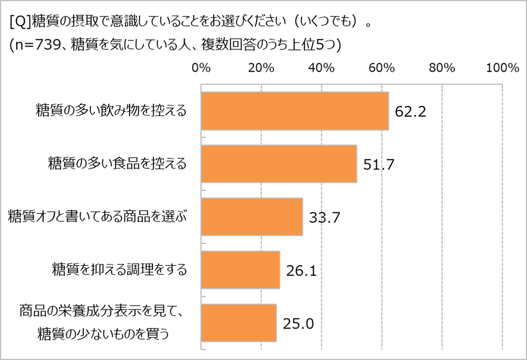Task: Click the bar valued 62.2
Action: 294,111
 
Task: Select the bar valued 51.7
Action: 279,164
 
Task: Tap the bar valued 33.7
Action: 252,216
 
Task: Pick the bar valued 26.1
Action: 240,270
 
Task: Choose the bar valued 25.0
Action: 238,322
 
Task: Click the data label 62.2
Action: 411,112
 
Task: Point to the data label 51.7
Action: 380,164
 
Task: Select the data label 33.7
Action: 325,217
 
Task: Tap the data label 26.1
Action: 302,271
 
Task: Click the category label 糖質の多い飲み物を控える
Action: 110,110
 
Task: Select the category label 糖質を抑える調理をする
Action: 119,269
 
